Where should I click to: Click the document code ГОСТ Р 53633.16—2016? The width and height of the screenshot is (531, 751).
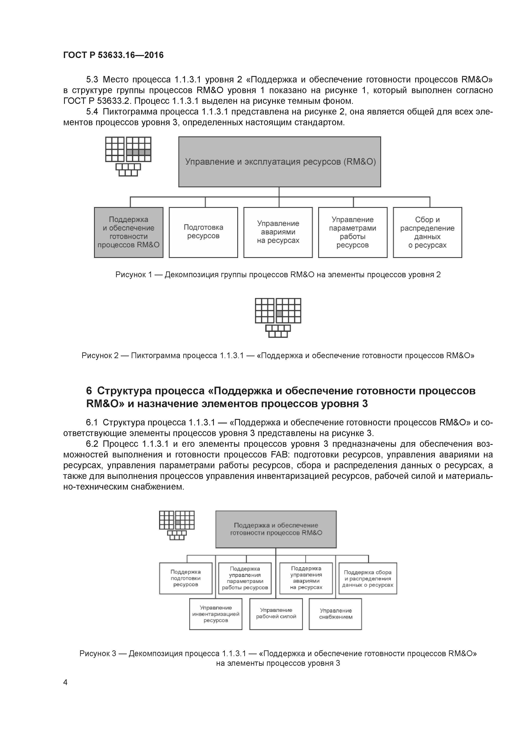[113, 55]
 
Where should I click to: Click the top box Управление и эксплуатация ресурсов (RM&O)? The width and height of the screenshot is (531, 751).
[279, 162]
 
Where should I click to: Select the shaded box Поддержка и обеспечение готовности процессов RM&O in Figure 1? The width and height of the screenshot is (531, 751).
[129, 232]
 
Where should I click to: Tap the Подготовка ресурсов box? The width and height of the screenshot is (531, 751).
[203, 232]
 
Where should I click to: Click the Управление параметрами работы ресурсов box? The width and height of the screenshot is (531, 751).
[352, 232]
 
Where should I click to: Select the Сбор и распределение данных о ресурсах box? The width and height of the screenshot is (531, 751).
[427, 232]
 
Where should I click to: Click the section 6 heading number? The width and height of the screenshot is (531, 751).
[89, 391]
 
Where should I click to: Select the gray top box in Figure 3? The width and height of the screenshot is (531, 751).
[276, 529]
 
